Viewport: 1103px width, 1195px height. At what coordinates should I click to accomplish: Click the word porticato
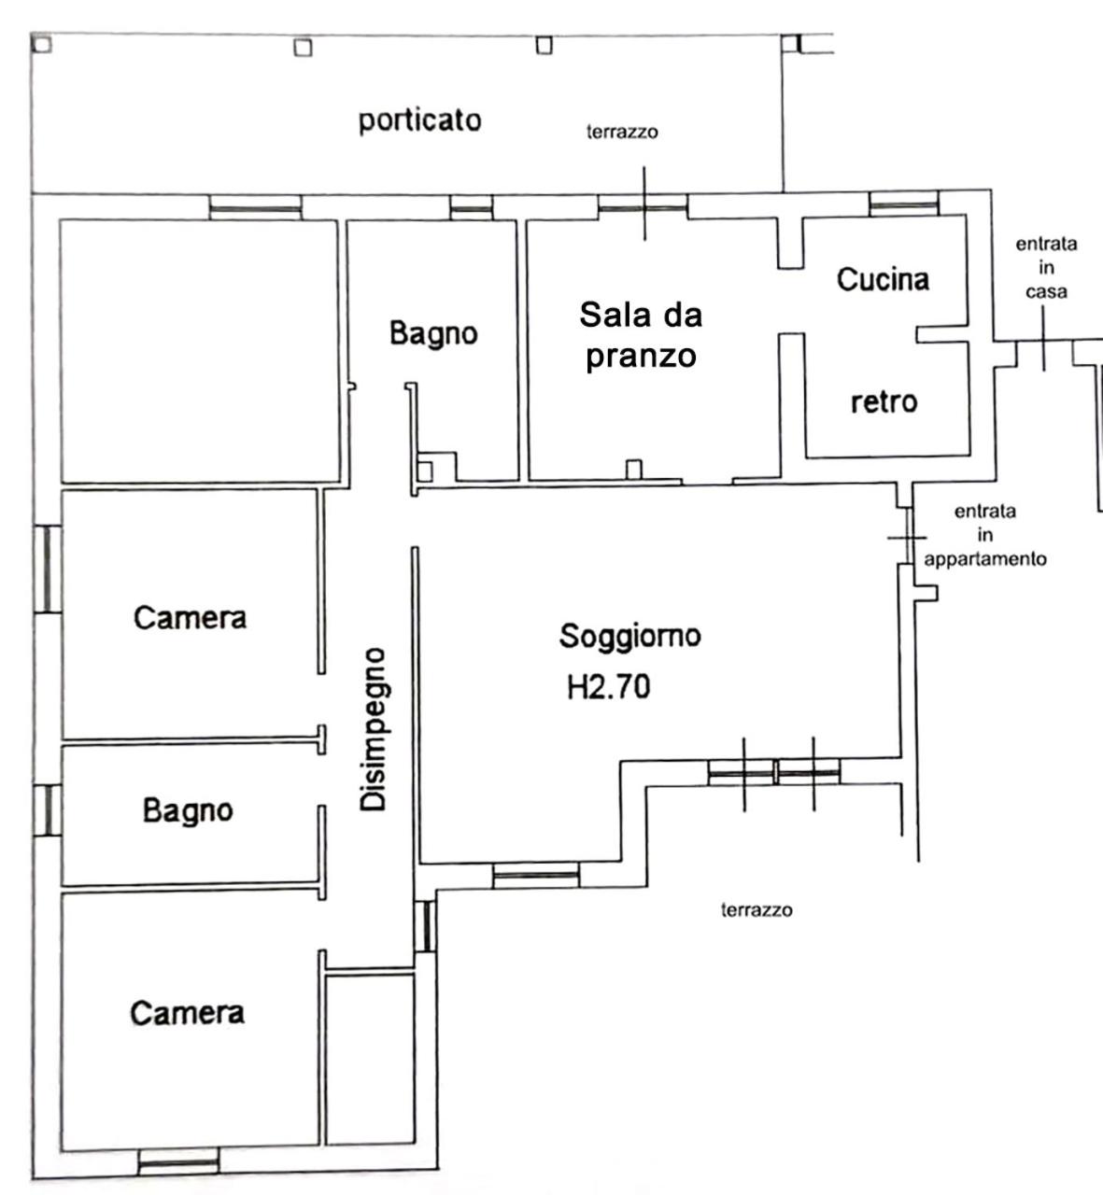(x=419, y=121)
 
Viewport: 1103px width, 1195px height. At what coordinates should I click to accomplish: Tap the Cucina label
(x=883, y=280)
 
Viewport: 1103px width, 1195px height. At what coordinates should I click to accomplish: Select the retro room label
(x=884, y=402)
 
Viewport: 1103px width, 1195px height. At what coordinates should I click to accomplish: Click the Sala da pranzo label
(x=641, y=335)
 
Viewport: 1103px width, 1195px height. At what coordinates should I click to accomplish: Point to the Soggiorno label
(x=629, y=637)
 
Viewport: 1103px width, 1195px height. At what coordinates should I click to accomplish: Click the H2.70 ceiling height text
(x=609, y=686)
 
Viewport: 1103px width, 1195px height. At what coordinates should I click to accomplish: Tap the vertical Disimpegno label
(x=374, y=729)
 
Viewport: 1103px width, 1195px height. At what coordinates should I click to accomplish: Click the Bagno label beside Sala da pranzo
(x=433, y=333)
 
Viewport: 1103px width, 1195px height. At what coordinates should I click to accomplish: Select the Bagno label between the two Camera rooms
(x=188, y=811)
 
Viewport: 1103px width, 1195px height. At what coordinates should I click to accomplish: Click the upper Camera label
(x=190, y=618)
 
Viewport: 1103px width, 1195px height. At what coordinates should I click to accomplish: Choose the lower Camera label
(x=187, y=1013)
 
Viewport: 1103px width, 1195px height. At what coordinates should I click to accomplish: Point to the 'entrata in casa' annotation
(x=1046, y=268)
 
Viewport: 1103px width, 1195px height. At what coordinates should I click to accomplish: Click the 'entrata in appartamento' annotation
(x=985, y=535)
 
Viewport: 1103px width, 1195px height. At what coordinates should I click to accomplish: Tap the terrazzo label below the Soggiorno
(x=757, y=910)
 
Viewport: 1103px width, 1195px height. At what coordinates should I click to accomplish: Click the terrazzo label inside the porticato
(x=622, y=132)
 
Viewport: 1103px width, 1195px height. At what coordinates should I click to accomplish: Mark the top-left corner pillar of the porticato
(x=41, y=44)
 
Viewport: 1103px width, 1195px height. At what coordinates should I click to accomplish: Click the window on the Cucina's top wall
(x=904, y=204)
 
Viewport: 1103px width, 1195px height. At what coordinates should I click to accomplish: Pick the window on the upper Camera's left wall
(x=47, y=569)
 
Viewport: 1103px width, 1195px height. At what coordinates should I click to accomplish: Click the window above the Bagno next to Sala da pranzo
(x=471, y=208)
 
